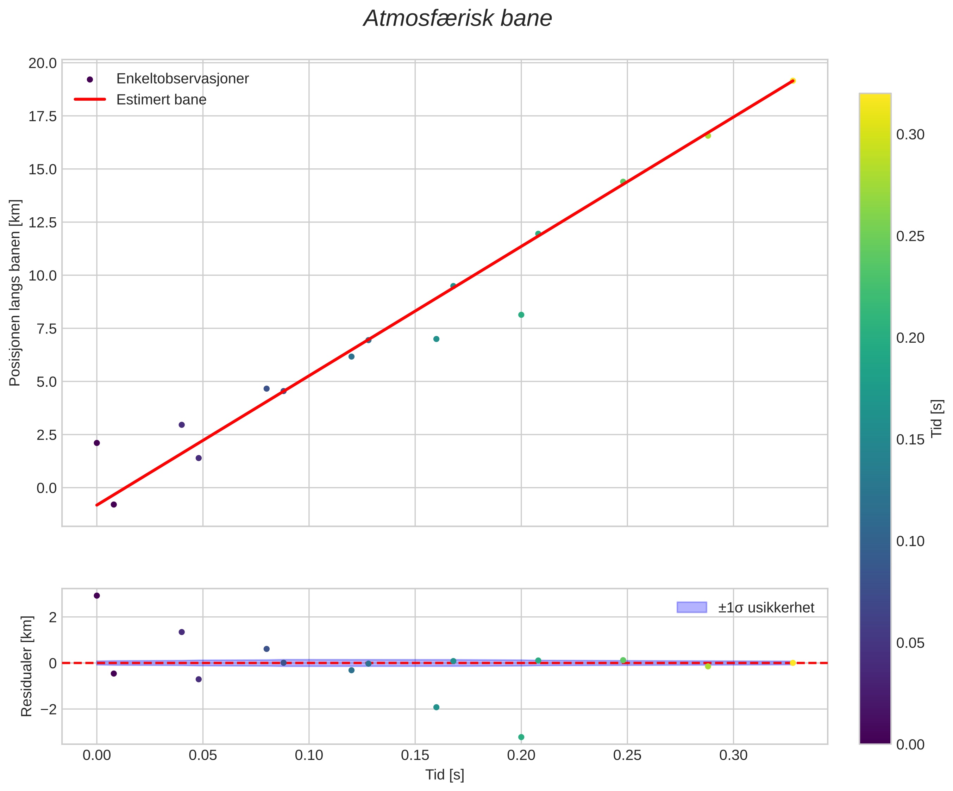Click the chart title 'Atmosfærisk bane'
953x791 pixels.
pos(457,19)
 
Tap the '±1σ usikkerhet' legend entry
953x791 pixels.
pos(766,608)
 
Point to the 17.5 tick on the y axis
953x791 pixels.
pos(43,116)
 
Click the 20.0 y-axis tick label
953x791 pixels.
pos(43,63)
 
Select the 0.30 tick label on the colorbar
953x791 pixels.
pos(910,135)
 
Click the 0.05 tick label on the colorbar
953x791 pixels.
pos(910,643)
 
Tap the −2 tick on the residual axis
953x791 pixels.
pos(48,709)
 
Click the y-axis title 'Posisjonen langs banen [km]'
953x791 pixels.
pos(15,293)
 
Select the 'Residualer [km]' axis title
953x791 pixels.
pos(27,666)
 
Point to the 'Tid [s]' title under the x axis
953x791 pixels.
pos(444,775)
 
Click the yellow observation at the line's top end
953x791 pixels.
pos(792,81)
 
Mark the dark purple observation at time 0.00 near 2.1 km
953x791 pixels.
pos(97,443)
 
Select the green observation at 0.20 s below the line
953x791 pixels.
pos(521,315)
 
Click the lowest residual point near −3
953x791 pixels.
pos(521,737)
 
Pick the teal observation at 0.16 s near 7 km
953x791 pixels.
pos(436,339)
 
